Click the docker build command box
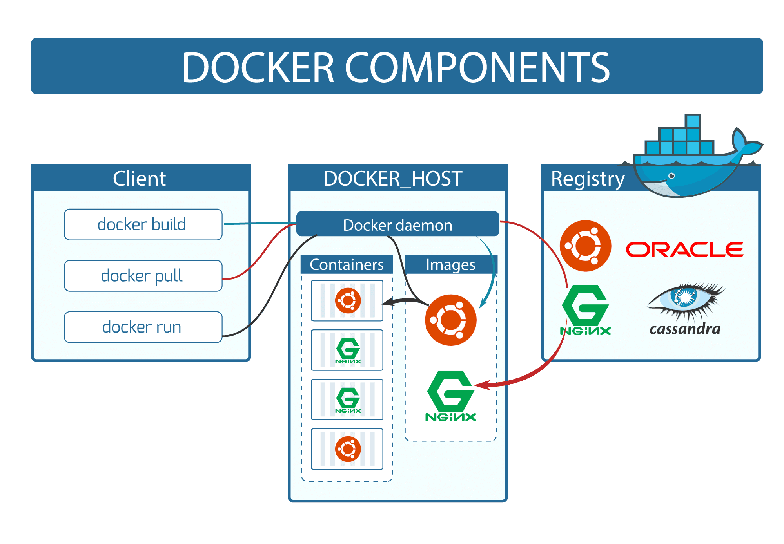[143, 224]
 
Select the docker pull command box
[143, 276]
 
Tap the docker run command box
[143, 327]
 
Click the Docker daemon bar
[397, 224]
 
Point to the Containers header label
[347, 265]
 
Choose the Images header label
[450, 265]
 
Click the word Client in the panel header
[140, 179]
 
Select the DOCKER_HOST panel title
[393, 179]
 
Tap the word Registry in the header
[588, 179]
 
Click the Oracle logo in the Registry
[684, 249]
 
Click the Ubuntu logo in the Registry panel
[585, 246]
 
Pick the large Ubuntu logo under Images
[451, 320]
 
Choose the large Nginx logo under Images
[451, 396]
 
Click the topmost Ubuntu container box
[347, 300]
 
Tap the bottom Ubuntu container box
[347, 449]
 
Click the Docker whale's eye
[672, 175]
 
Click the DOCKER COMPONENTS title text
[396, 67]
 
